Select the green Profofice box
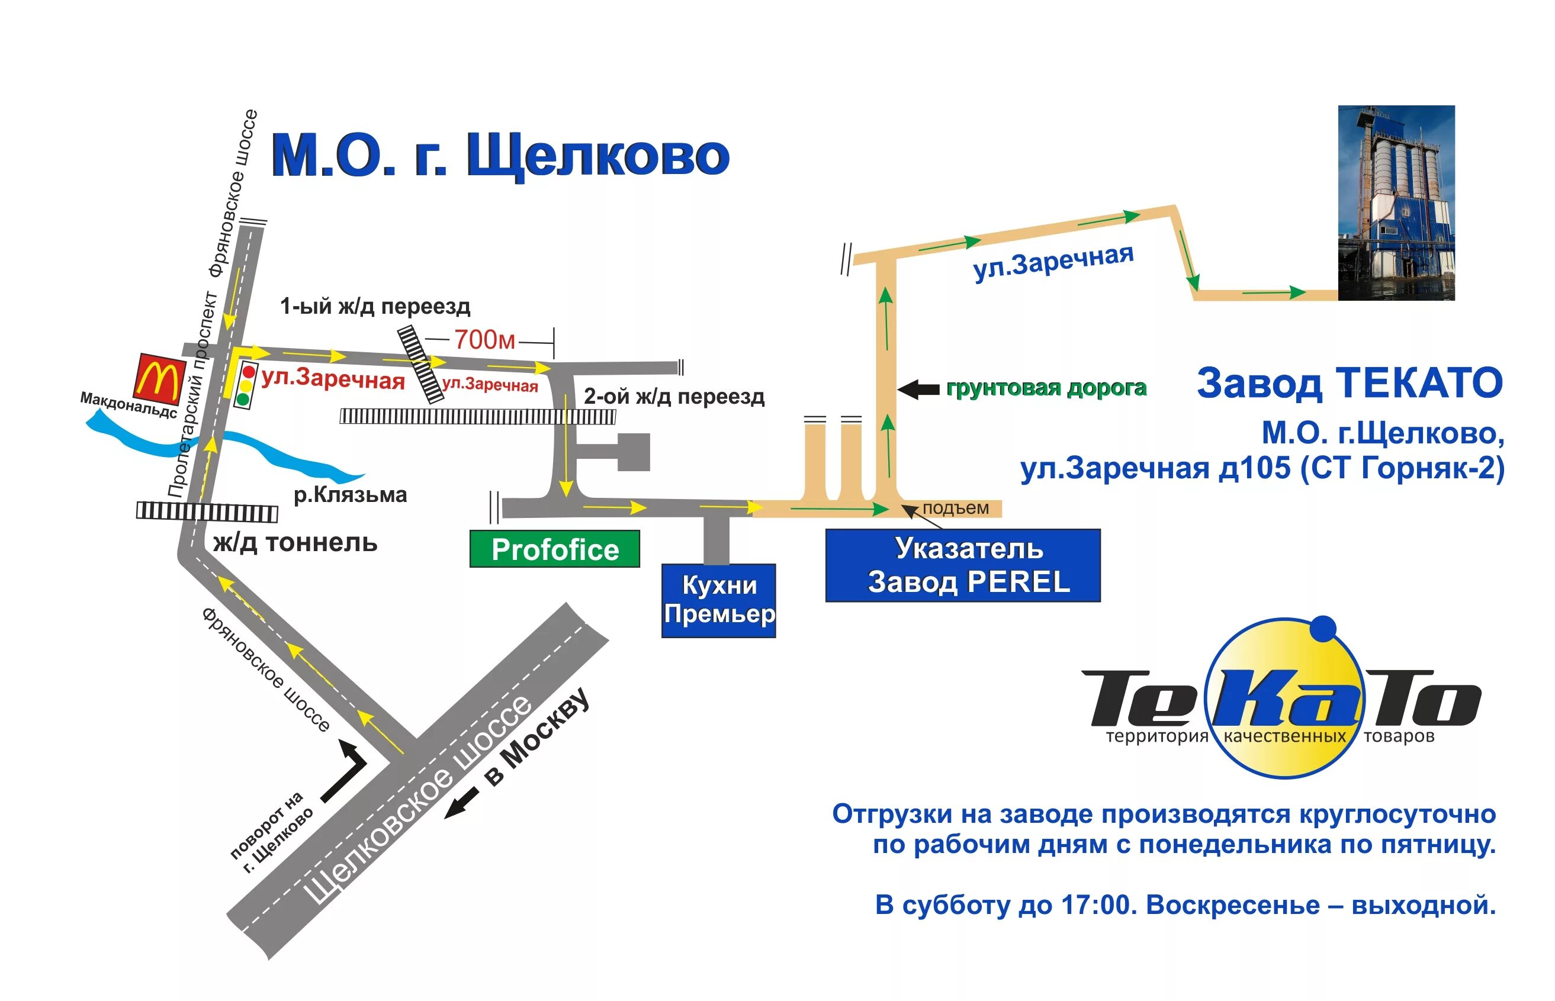[554, 549]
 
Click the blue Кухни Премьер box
[718, 600]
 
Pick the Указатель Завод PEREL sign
[962, 565]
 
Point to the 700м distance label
[484, 339]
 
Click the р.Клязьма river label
[351, 495]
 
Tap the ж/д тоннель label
[295, 542]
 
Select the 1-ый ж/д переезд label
[375, 305]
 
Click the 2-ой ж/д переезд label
[673, 396]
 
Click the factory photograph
[1396, 203]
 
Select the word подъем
[955, 508]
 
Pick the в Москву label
[537, 737]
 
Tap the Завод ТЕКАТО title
[1350, 383]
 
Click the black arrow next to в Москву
[461, 803]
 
